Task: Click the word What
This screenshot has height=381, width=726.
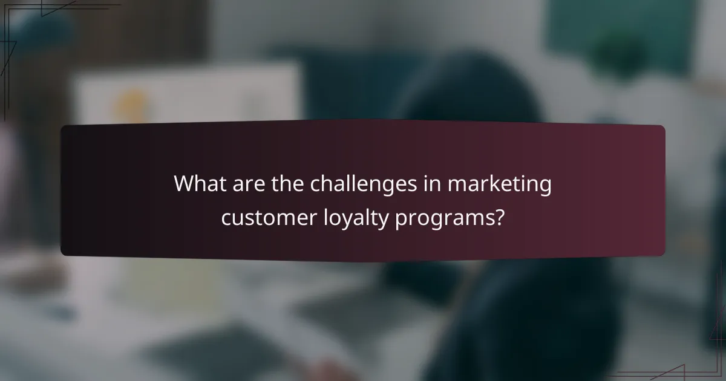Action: click(200, 184)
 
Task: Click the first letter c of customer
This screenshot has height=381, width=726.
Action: click(226, 218)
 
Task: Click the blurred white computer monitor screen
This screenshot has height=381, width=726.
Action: click(188, 97)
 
